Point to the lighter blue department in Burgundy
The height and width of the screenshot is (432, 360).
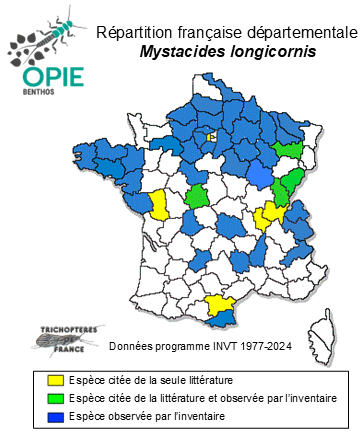259,176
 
